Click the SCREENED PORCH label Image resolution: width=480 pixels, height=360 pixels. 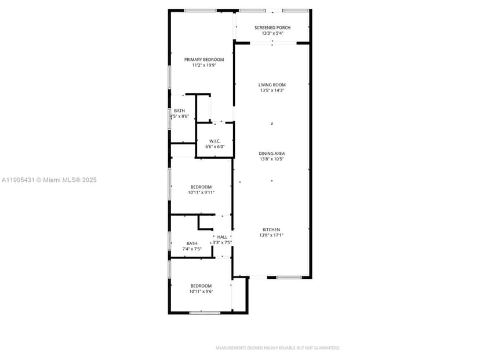click(x=272, y=27)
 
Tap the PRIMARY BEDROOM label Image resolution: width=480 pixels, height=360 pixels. click(x=204, y=59)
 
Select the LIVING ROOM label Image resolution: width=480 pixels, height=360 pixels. click(x=272, y=85)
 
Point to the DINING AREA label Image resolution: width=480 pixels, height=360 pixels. click(x=272, y=154)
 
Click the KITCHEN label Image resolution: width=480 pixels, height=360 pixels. click(x=271, y=230)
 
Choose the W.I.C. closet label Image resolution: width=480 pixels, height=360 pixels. click(x=216, y=141)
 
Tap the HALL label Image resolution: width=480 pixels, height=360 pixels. click(x=222, y=237)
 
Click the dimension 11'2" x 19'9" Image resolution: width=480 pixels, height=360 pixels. click(x=204, y=66)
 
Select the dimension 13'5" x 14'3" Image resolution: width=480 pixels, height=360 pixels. click(x=272, y=90)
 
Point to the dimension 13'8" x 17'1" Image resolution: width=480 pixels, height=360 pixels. click(x=271, y=235)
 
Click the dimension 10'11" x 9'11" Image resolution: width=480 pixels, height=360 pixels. click(x=202, y=192)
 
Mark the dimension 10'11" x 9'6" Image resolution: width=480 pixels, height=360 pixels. click(x=201, y=292)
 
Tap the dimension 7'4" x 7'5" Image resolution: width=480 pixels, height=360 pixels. click(x=191, y=249)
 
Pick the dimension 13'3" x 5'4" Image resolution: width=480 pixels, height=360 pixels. click(x=272, y=33)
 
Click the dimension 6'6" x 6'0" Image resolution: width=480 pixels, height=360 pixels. click(x=216, y=147)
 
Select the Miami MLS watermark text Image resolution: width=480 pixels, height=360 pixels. click(x=49, y=180)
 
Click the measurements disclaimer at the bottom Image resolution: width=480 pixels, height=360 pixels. click(x=278, y=348)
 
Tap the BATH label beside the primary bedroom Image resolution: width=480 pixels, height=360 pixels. click(x=180, y=111)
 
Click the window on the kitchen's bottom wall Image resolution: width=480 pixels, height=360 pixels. click(x=288, y=278)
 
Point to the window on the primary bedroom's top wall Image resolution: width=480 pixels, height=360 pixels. click(x=201, y=10)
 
